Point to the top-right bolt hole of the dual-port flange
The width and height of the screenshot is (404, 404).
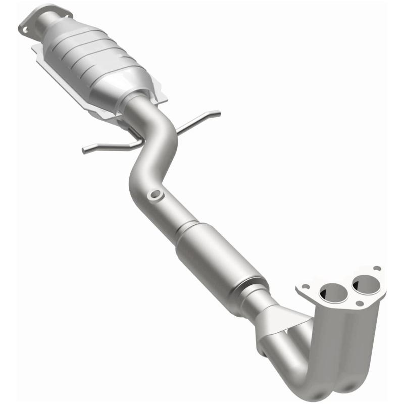(376, 269)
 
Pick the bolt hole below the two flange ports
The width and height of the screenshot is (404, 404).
(359, 303)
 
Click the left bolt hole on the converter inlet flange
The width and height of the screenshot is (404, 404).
(25, 30)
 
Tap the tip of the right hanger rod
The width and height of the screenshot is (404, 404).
(218, 112)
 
